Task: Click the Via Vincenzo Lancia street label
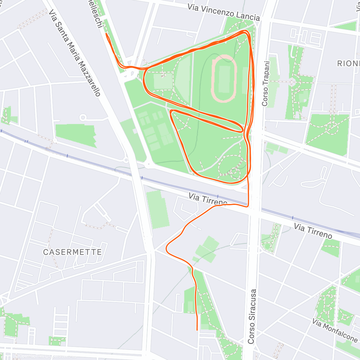point(223,12)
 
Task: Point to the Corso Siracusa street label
point(252,316)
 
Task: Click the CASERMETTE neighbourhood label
point(72,252)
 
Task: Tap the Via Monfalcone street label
point(335,330)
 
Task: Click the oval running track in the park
point(224,78)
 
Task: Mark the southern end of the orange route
point(197,330)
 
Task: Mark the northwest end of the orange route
point(106,34)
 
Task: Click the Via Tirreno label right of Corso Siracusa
point(313,231)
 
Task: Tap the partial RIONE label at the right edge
point(348,63)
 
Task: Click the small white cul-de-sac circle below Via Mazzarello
point(83,117)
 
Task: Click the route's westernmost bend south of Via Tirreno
point(166,249)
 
